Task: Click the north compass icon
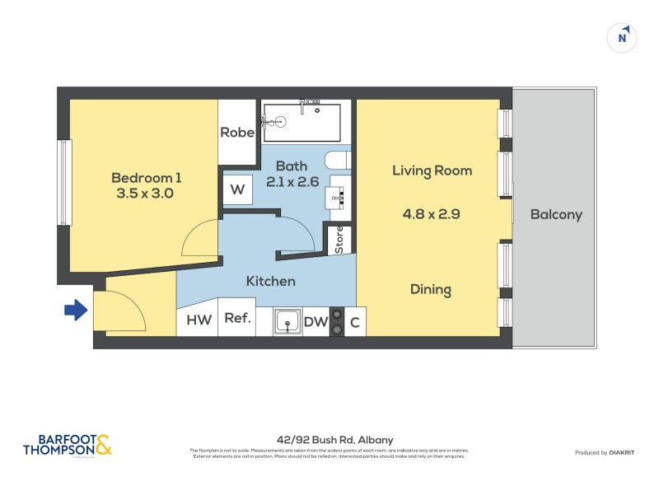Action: [x=624, y=37]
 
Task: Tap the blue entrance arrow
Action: [x=76, y=311]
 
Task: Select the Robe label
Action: [x=236, y=133]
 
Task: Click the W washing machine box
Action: [x=237, y=190]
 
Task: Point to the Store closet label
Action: [x=339, y=239]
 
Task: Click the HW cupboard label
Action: [x=199, y=321]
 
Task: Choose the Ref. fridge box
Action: [x=237, y=321]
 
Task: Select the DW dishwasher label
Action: [x=315, y=322]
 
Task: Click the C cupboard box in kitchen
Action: [x=355, y=322]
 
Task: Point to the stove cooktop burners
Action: [x=336, y=322]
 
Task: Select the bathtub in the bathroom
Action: [x=301, y=121]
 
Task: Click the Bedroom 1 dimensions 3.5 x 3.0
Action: [x=145, y=194]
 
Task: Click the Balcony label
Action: [x=556, y=215]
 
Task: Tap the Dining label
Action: [x=431, y=289]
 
